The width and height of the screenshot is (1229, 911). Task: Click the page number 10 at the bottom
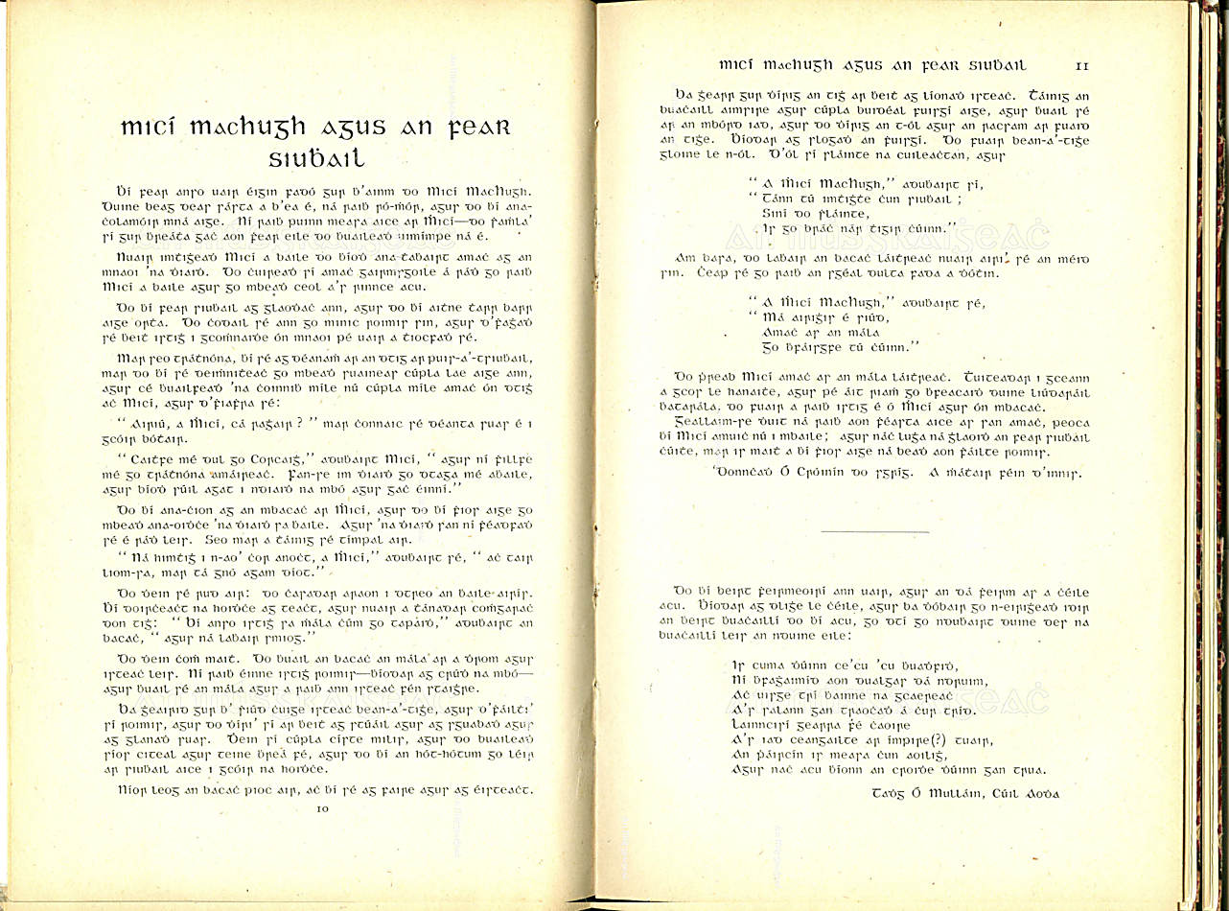coord(322,809)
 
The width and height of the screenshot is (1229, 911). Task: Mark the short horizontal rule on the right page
coord(875,531)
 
